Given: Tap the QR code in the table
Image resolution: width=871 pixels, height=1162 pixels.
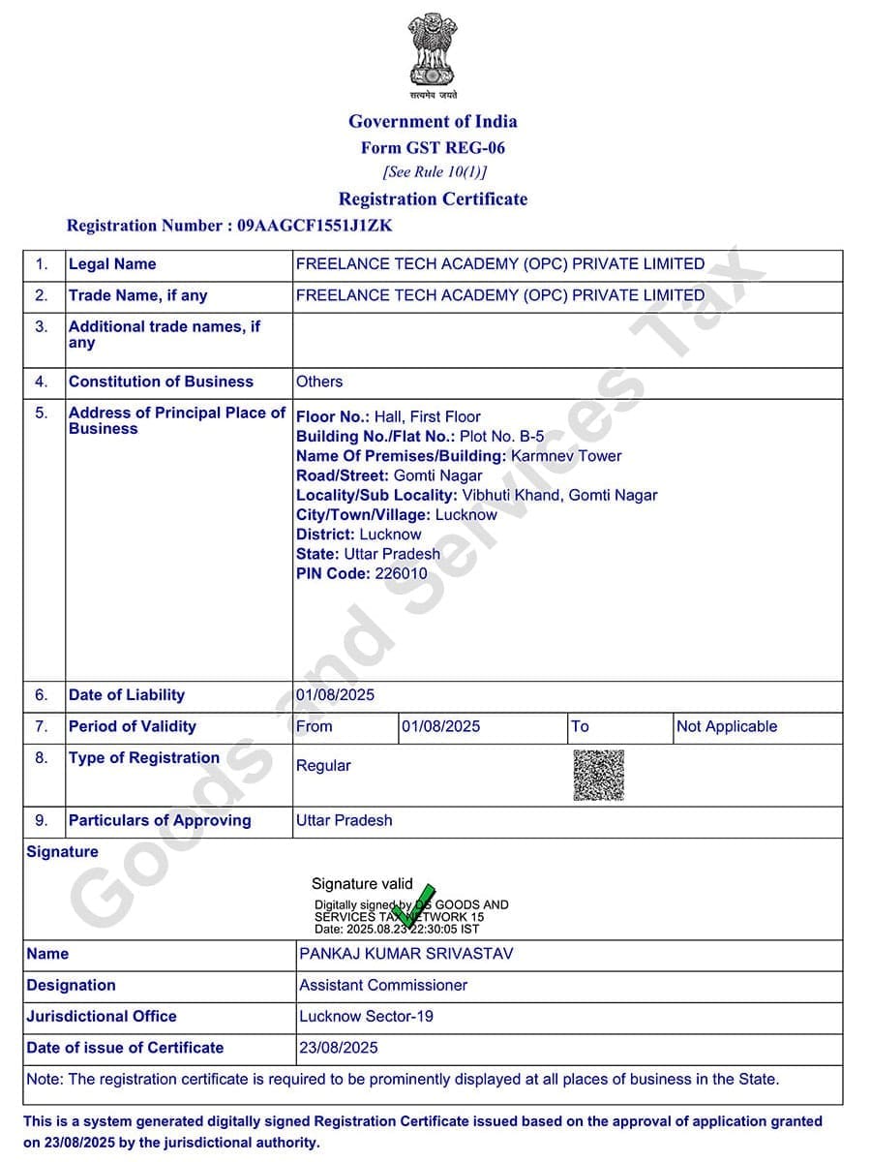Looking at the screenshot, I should tap(598, 775).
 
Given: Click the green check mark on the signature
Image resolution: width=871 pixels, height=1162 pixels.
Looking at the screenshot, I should tap(416, 903).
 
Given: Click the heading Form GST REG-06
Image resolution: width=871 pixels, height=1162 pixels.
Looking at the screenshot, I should tap(433, 148).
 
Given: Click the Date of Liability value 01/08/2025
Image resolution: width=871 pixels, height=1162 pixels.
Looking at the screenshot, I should tap(335, 695).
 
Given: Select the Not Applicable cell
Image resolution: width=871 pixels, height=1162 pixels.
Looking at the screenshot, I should tap(726, 726).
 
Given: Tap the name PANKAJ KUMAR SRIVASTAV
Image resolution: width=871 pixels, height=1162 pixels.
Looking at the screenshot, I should tap(406, 954).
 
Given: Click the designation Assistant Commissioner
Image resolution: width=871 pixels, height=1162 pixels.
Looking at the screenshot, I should tap(383, 985).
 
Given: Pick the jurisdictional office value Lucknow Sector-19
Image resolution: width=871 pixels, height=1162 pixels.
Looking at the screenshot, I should tap(366, 1016).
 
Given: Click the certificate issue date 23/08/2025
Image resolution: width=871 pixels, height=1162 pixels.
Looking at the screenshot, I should tap(339, 1048).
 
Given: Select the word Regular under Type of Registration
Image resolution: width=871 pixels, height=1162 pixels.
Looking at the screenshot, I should tap(323, 765).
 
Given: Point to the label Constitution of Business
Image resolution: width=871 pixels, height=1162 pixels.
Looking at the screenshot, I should tap(161, 382).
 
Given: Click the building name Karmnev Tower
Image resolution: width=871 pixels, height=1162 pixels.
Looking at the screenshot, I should tap(566, 456).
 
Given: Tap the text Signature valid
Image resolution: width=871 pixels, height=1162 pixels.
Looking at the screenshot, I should tap(362, 883).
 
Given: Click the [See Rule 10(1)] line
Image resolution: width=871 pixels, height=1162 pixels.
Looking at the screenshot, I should tap(435, 172).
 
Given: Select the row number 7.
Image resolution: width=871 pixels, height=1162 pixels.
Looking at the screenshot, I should tap(42, 726).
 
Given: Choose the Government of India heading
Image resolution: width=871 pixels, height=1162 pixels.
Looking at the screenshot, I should tap(433, 121).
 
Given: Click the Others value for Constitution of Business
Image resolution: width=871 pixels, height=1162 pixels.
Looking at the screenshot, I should tap(319, 382).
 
